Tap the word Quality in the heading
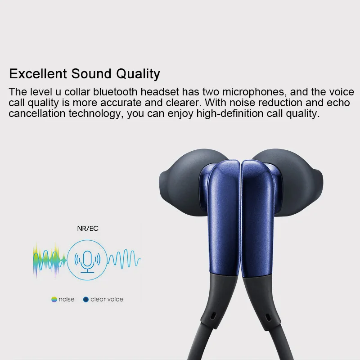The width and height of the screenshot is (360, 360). (x=138, y=73)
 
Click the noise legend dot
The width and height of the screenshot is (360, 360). (x=54, y=299)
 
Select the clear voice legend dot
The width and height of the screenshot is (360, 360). (x=85, y=299)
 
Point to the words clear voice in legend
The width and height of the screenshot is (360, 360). (x=107, y=299)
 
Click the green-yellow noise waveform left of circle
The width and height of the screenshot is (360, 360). (x=50, y=260)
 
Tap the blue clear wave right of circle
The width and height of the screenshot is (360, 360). (x=124, y=260)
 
